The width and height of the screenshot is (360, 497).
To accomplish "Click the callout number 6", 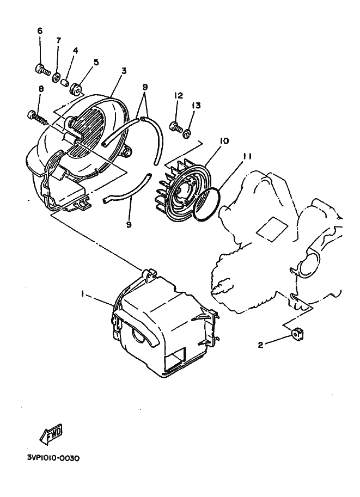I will click(x=40, y=30).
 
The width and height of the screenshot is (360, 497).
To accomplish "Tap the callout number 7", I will click(x=58, y=40).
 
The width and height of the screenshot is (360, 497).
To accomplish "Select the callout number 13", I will click(x=197, y=105).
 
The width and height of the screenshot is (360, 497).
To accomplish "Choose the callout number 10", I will click(x=223, y=141).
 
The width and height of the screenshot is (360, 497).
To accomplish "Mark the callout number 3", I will click(x=124, y=71).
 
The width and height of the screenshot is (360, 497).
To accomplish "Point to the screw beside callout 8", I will click(x=34, y=115).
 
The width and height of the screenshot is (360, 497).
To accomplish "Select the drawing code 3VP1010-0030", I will click(x=52, y=458).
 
